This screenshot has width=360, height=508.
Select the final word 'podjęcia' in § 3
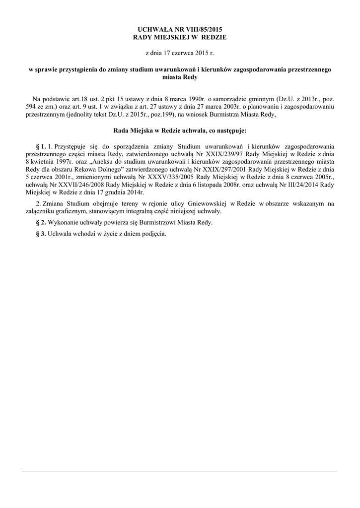[153, 234]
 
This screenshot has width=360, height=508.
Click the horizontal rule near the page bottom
[180, 471]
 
